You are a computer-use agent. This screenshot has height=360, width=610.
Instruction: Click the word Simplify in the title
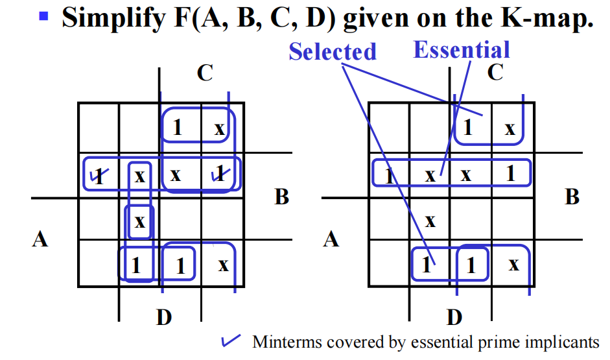click(112, 18)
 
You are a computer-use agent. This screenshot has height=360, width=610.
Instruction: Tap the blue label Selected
click(333, 51)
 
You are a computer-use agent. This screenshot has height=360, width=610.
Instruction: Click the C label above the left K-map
click(205, 73)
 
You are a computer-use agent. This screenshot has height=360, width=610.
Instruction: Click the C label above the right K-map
click(495, 72)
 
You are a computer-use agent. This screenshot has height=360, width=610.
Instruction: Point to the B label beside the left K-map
click(281, 197)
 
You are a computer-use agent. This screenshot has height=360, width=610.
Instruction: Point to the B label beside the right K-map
click(572, 197)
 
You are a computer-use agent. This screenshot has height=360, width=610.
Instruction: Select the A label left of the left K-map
click(40, 239)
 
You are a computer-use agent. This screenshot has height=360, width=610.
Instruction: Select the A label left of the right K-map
click(331, 239)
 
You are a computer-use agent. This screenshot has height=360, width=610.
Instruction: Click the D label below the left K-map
click(164, 317)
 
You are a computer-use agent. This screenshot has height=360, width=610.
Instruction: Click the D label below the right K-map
click(454, 317)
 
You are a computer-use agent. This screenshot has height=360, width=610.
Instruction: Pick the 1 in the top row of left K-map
click(178, 128)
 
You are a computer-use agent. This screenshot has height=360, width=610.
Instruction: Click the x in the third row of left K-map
click(139, 222)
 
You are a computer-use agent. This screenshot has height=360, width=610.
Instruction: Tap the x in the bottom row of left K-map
click(223, 265)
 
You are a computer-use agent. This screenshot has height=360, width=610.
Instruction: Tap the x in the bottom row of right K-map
click(513, 265)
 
